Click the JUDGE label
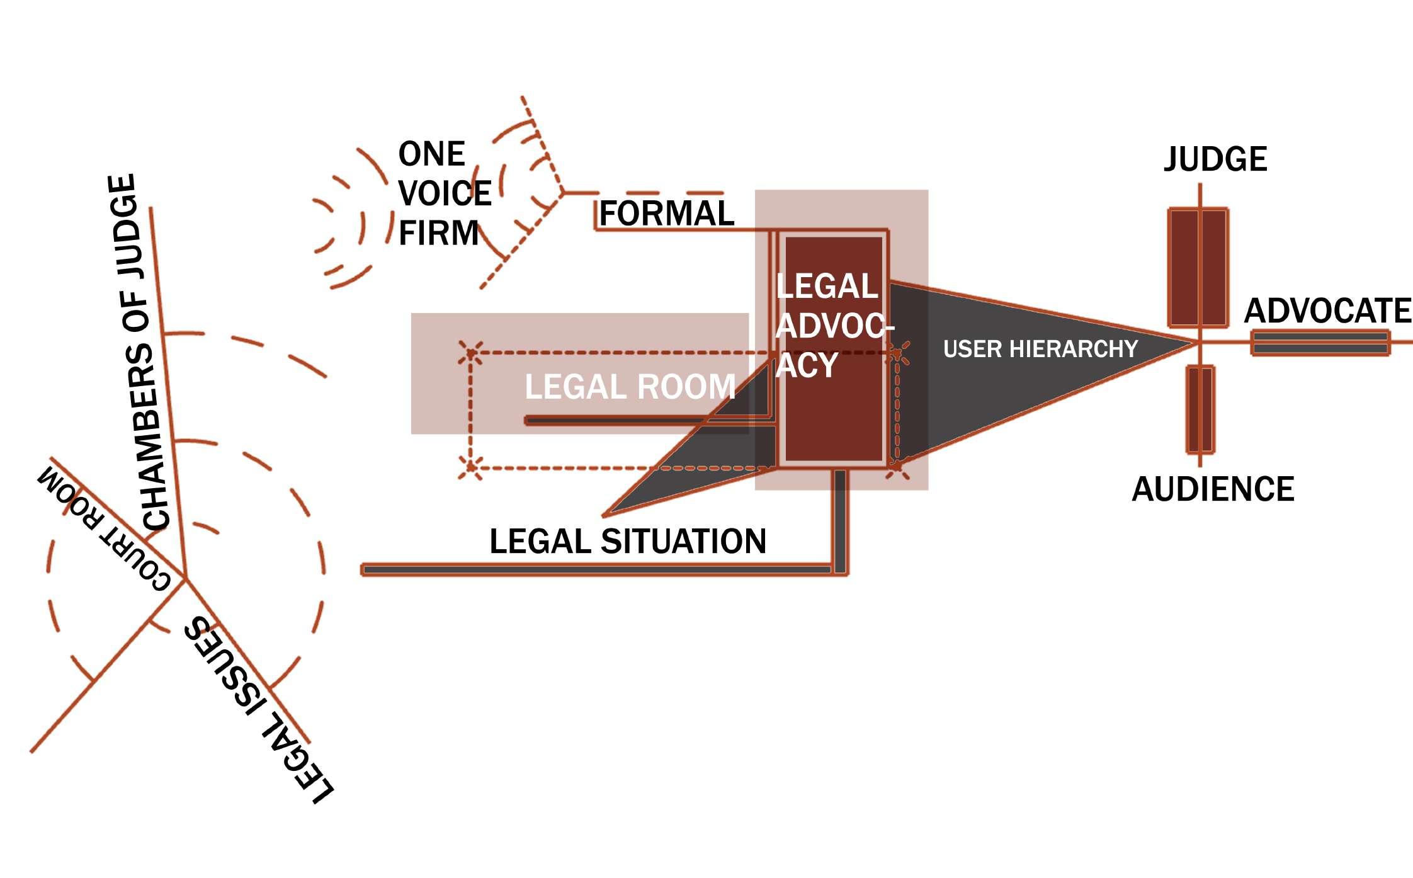tap(1215, 159)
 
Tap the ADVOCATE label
tap(1327, 311)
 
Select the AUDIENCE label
tap(1213, 489)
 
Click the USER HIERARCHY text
tap(1040, 349)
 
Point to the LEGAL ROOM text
tap(630, 387)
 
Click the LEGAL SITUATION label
tap(628, 542)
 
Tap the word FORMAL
tap(666, 214)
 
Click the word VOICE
tap(445, 193)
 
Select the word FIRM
tap(439, 233)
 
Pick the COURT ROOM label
tap(104, 529)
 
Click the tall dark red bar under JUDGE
tap(1198, 268)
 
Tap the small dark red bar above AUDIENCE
tap(1200, 409)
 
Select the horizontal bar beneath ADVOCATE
tap(1320, 343)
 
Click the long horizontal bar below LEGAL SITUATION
tap(598, 570)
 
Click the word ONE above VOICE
tap(431, 154)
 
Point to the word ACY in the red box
tap(807, 365)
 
